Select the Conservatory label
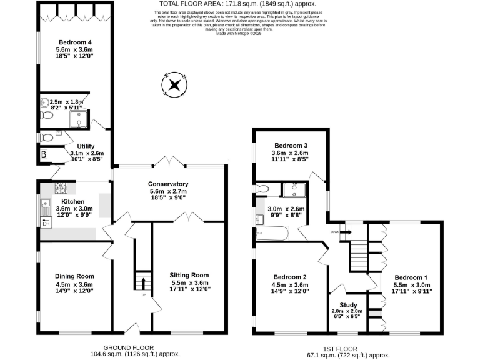tap(168, 184)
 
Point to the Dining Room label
tap(75, 276)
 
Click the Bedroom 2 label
tap(289, 277)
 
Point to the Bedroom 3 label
tap(289, 145)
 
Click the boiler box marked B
tap(44, 154)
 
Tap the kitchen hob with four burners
tap(62, 187)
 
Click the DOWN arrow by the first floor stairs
tap(344, 232)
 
